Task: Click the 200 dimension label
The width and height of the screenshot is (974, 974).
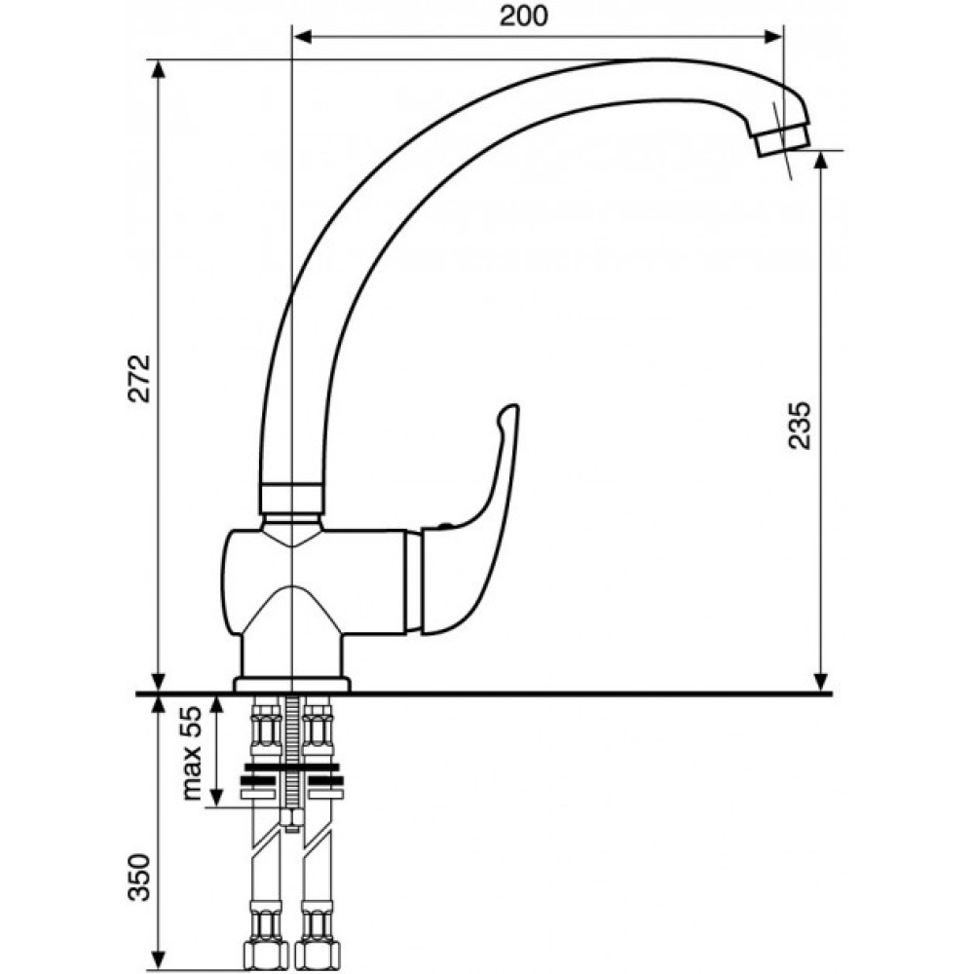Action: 524,17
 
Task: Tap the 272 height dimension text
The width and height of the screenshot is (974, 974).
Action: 140,378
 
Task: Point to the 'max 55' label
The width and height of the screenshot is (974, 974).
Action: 193,753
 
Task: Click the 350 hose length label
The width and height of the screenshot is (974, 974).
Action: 139,877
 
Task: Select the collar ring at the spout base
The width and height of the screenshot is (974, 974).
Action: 291,499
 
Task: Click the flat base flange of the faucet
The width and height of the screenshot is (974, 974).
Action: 292,684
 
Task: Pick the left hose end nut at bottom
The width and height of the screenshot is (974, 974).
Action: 265,956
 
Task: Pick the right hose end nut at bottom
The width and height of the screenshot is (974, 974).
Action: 318,956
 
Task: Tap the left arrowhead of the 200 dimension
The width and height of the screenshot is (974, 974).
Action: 303,37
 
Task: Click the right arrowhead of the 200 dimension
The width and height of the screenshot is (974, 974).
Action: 772,37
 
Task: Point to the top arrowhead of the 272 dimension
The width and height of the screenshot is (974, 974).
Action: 159,69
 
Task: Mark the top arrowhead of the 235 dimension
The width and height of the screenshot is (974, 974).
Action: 820,161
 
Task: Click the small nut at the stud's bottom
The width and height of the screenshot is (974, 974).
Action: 291,819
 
